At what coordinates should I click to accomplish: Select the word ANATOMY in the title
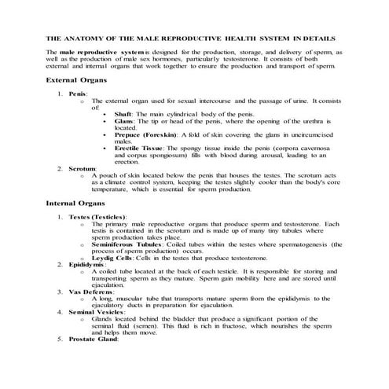tap(91, 36)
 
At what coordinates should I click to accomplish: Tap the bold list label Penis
tap(78, 94)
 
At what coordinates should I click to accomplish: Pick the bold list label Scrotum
tap(83, 167)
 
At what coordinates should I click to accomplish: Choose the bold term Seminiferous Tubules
tap(135, 243)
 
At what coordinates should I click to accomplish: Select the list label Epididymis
tap(88, 264)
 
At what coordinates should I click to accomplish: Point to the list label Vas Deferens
tap(90, 292)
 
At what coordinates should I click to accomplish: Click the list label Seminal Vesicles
tap(95, 312)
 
